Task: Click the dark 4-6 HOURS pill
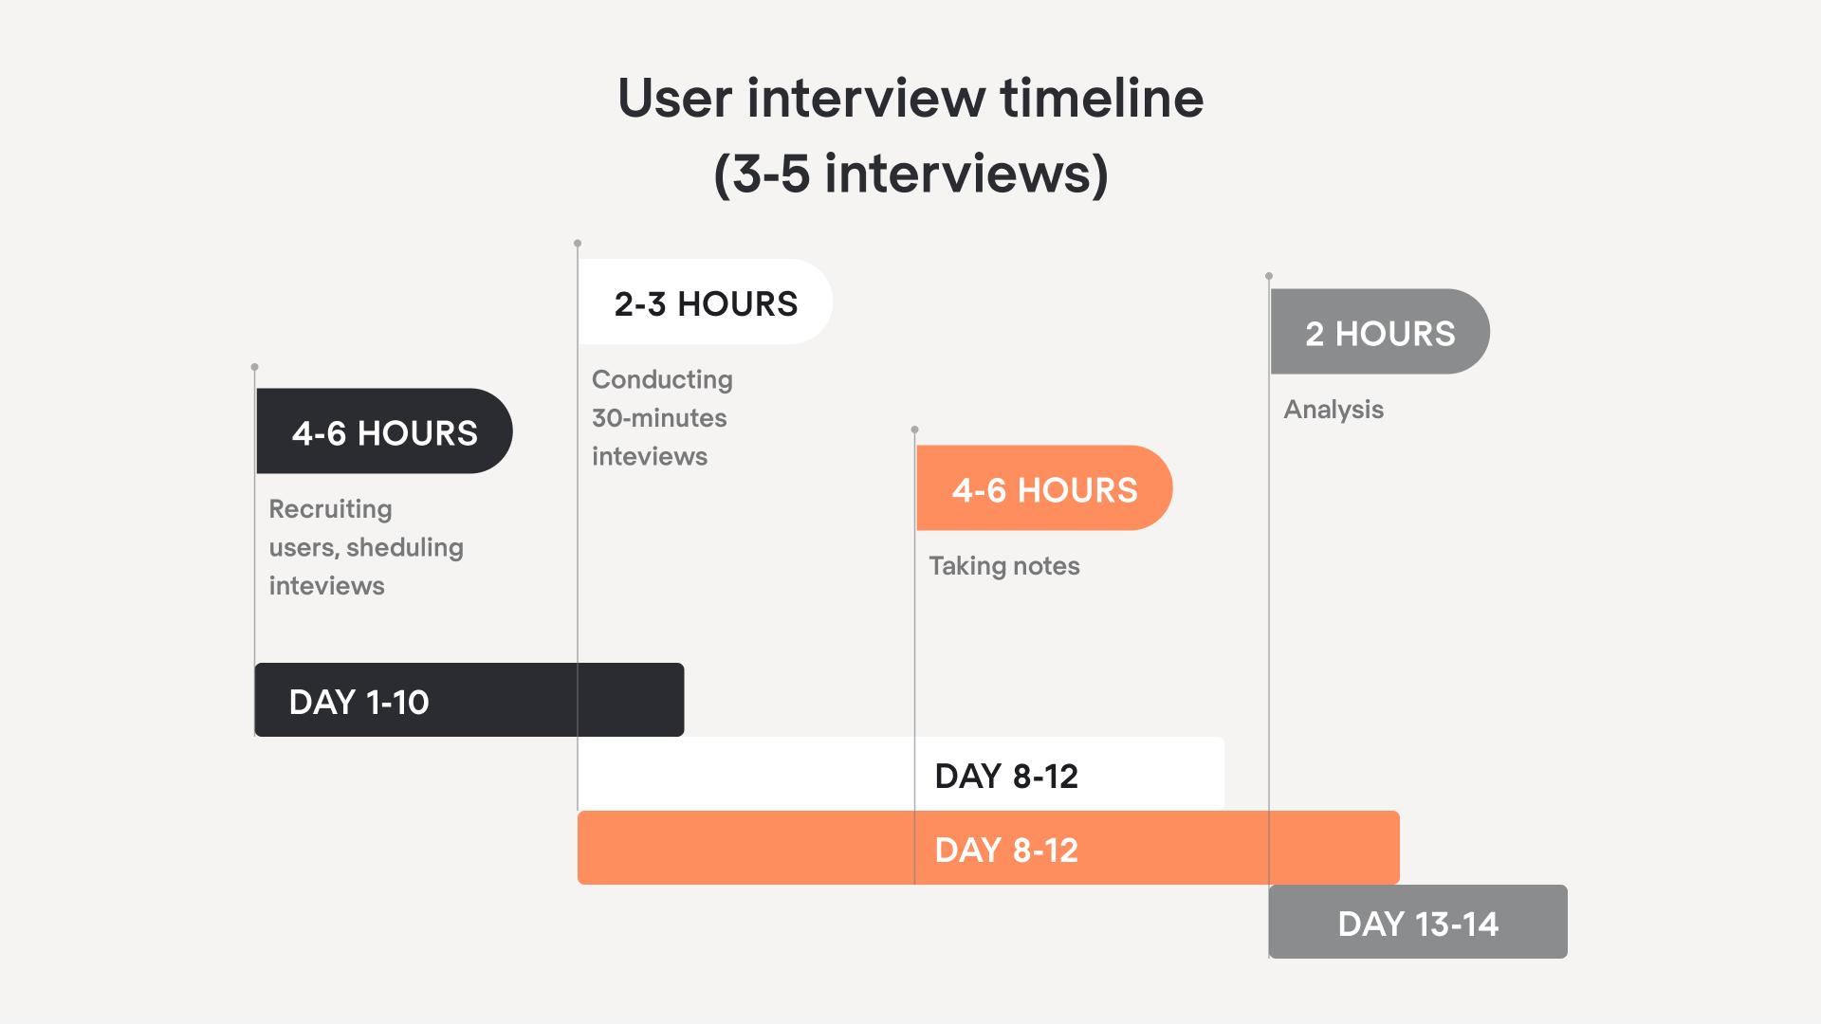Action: coord(384,431)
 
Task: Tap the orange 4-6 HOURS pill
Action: coord(1044,488)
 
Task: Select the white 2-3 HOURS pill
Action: coord(706,302)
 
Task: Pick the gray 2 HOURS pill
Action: coord(1380,332)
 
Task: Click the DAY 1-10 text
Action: coord(359,702)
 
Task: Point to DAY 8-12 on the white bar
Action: coord(1006,776)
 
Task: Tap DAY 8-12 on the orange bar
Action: coord(1006,850)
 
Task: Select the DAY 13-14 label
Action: coord(1418,924)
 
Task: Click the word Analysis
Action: coord(1334,410)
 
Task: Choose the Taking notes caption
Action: coord(1004,566)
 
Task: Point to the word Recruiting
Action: coord(330,509)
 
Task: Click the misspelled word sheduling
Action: coord(405,548)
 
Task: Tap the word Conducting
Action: coord(662,379)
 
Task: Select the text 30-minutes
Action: coord(659,418)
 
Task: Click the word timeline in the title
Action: coord(1102,98)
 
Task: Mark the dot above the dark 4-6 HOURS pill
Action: coord(254,367)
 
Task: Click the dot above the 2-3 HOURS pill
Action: coord(578,244)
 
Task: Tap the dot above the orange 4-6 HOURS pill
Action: coord(914,430)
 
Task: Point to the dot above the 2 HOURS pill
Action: coord(1269,276)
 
